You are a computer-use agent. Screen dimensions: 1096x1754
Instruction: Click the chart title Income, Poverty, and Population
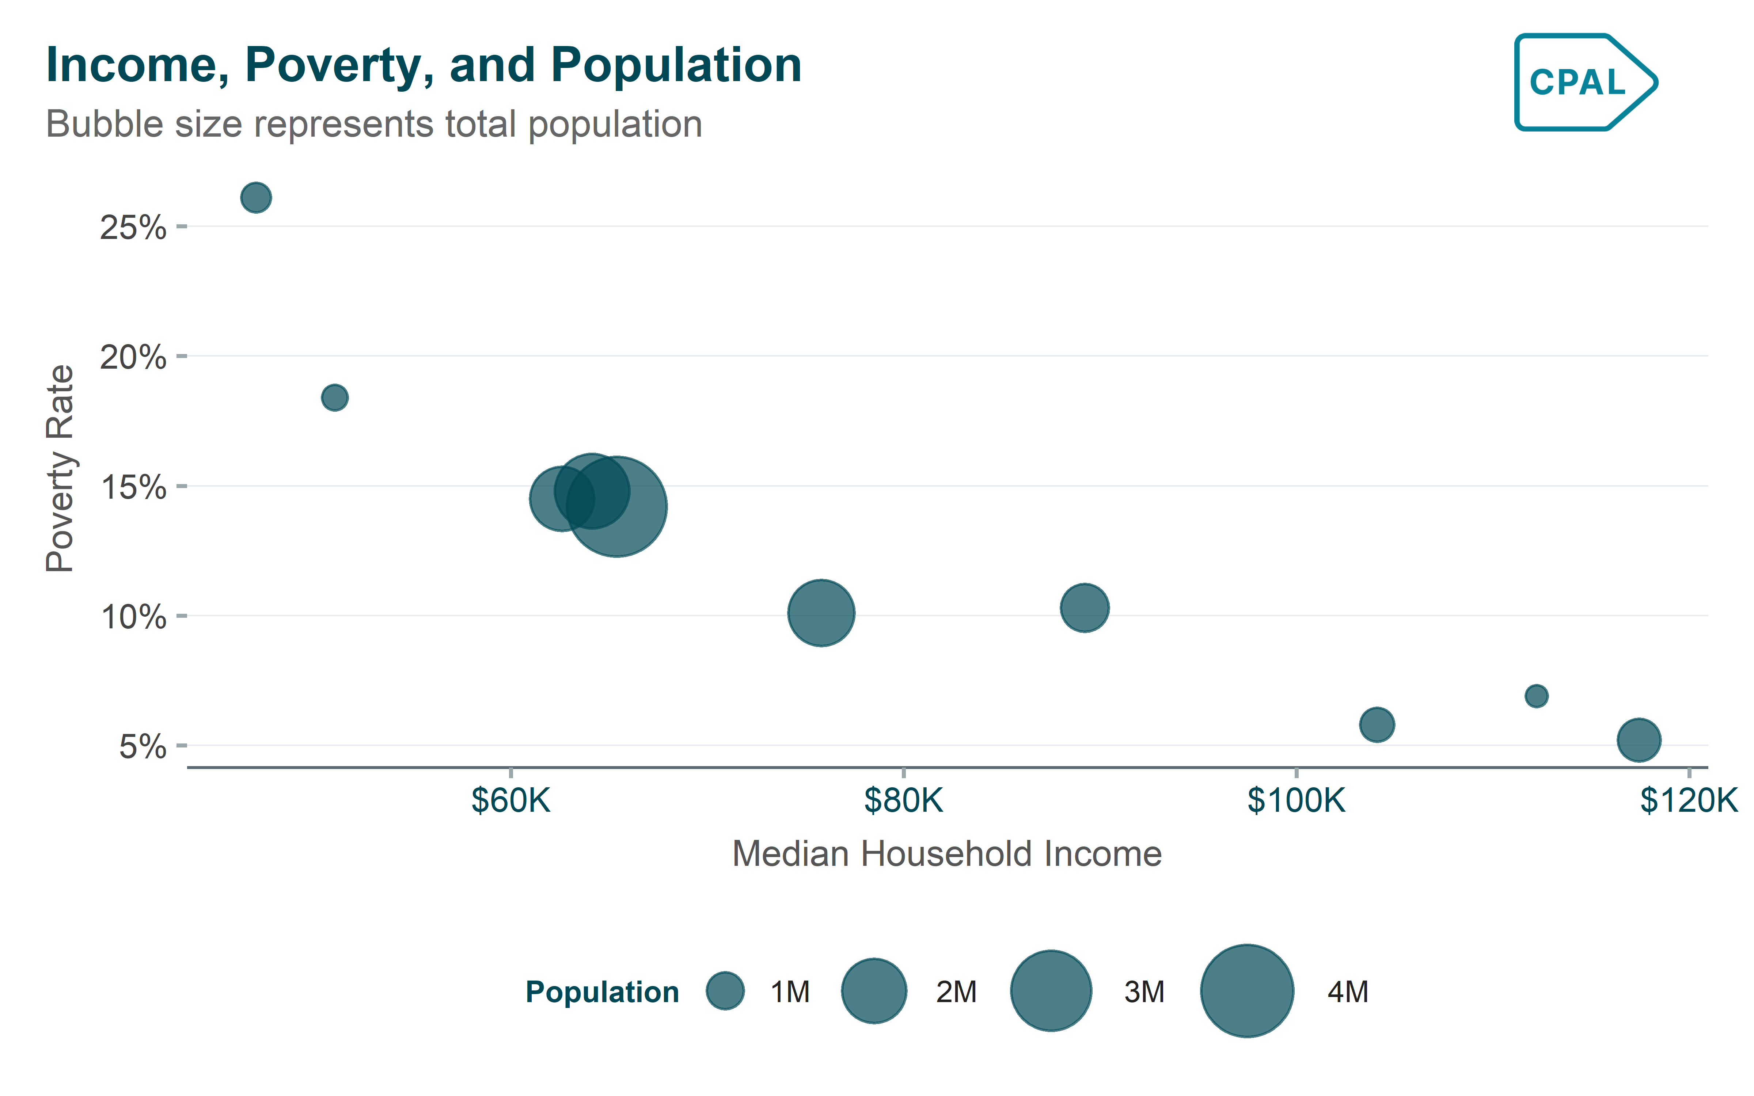pos(423,65)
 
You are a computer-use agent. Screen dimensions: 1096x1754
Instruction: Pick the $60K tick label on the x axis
pos(511,800)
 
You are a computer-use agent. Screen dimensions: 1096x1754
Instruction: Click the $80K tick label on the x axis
pos(903,800)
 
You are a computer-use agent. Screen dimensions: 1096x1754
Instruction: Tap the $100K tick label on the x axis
pos(1296,800)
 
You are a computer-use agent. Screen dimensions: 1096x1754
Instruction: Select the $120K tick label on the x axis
pos(1689,800)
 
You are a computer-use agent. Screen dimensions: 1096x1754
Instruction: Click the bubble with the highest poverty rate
pos(256,197)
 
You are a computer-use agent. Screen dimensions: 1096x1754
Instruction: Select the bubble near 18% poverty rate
pos(334,397)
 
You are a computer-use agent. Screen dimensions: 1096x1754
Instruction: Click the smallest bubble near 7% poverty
pos(1536,696)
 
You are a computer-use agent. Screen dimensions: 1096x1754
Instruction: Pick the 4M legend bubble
pos(1247,991)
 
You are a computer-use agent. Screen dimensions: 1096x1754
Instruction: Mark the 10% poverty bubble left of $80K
pos(821,613)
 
